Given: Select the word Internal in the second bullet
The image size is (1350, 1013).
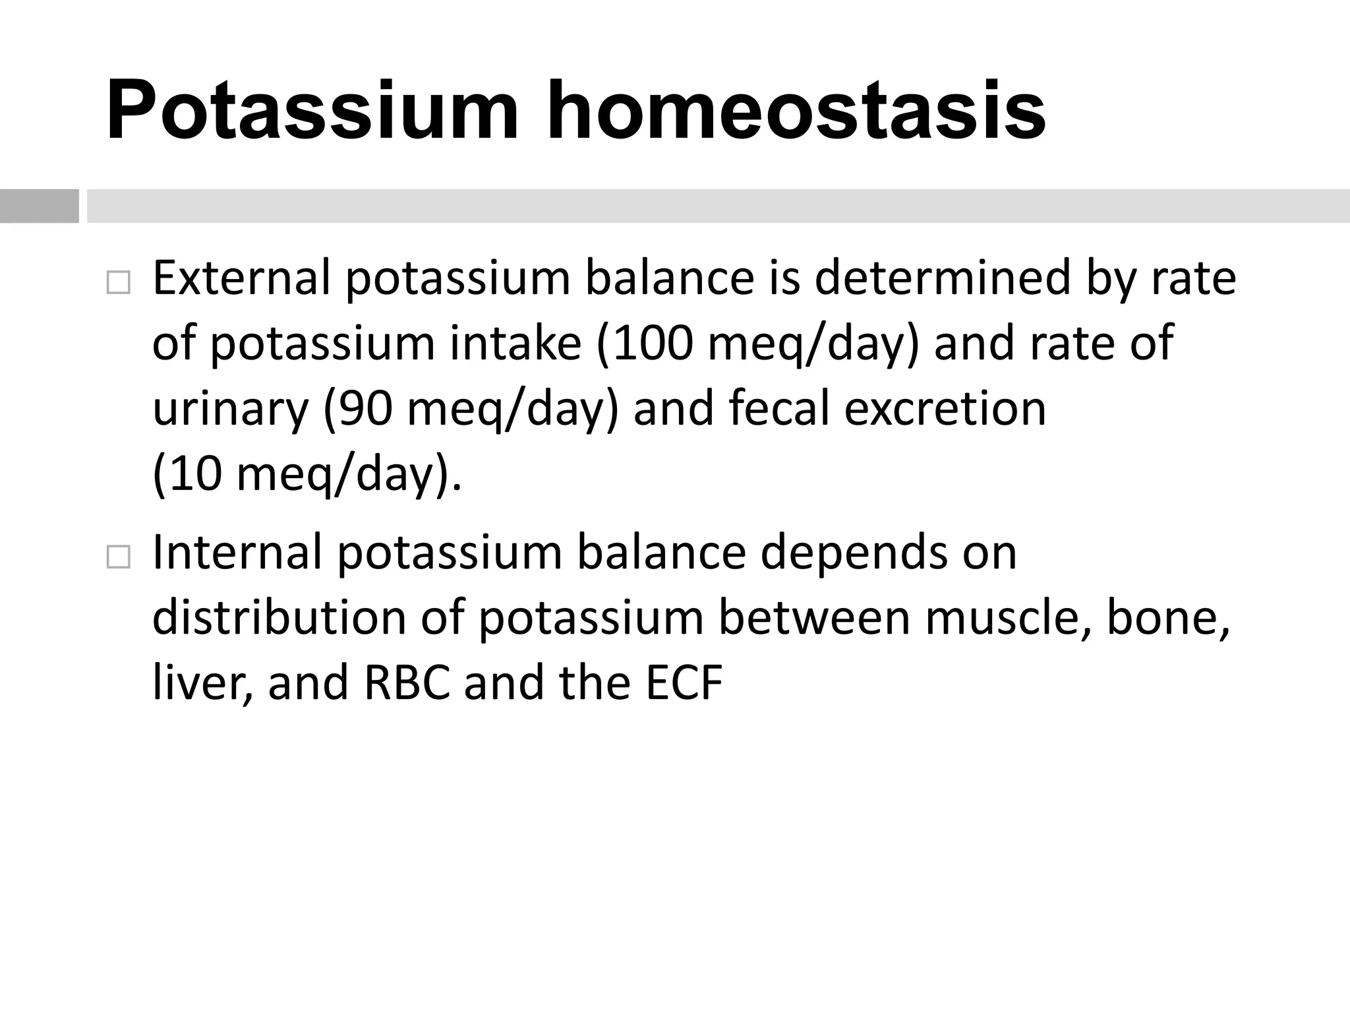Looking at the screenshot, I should point(237,552).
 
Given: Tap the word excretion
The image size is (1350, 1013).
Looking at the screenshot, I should point(945,408).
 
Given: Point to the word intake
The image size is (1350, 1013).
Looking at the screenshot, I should point(515,344).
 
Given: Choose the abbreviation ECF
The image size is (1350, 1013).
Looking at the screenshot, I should point(684,683).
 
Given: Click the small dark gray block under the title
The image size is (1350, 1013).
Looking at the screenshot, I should point(39,206).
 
